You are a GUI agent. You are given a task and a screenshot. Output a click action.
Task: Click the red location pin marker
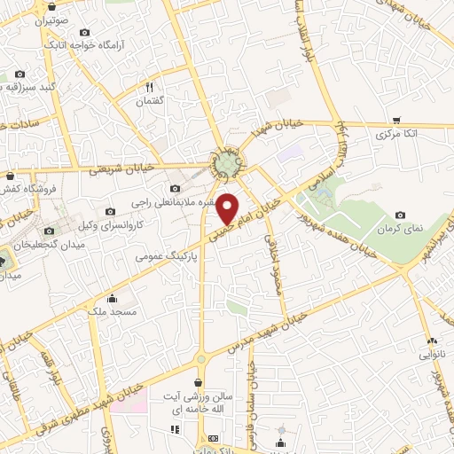(x=228, y=208)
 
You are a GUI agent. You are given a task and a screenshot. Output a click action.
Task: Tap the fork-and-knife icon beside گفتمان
(x=149, y=87)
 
